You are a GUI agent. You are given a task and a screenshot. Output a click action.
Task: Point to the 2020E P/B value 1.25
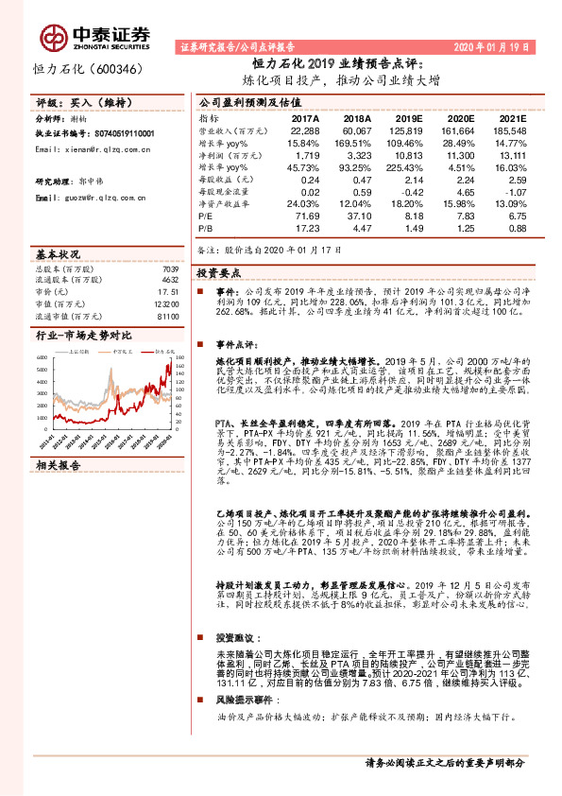(x=465, y=228)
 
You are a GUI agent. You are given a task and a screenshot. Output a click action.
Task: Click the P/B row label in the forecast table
(x=206, y=228)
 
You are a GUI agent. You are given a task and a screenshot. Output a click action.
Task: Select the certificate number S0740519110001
(x=121, y=135)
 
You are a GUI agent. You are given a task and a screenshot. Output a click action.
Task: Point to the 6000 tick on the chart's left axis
(x=43, y=356)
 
